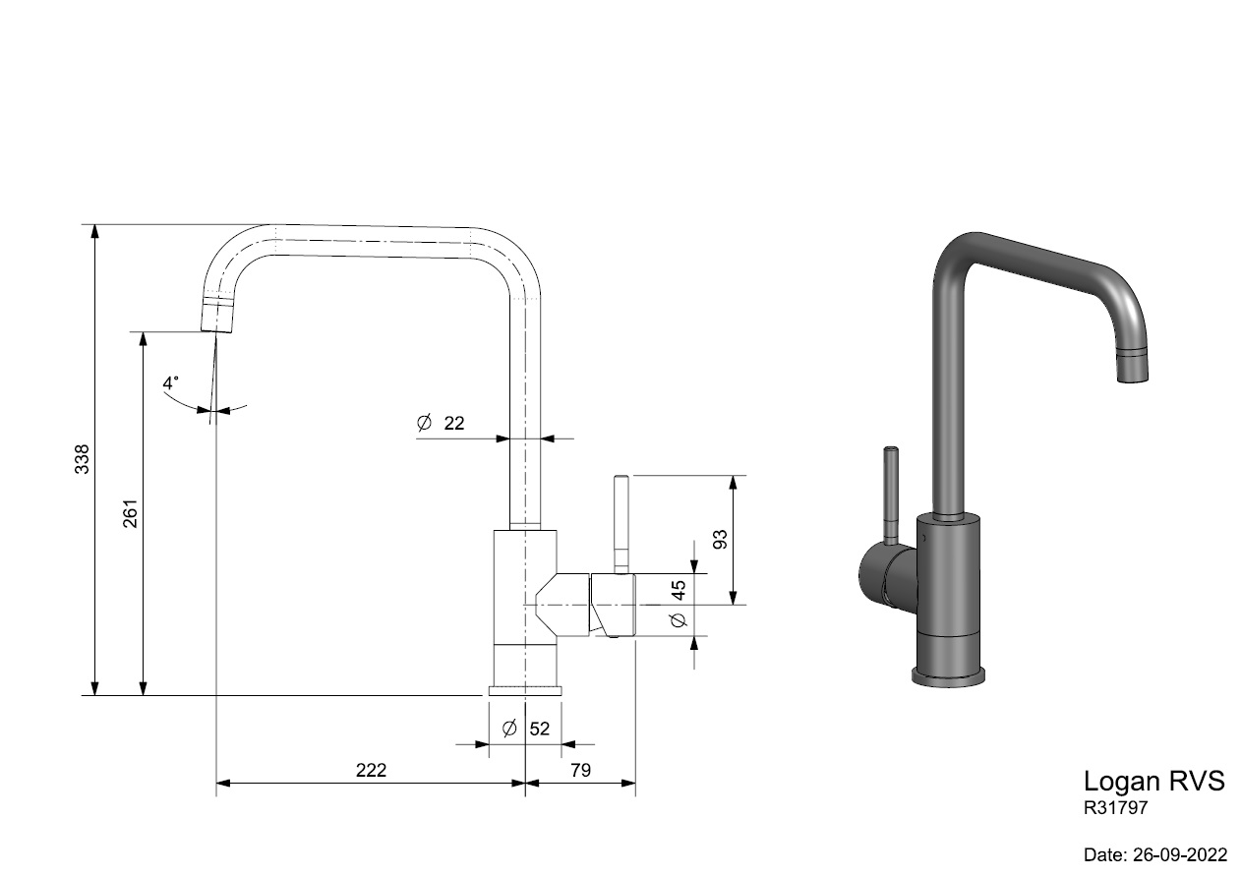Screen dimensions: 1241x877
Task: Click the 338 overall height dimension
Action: tap(82, 459)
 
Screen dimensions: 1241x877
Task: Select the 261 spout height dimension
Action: tap(130, 513)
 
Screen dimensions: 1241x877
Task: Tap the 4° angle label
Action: tap(171, 382)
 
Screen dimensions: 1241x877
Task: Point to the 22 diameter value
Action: tap(454, 424)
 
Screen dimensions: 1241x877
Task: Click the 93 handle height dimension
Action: tap(720, 539)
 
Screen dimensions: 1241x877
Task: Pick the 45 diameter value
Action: tap(679, 590)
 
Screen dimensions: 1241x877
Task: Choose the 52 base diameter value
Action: tap(540, 729)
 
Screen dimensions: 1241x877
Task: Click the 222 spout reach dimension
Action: tap(371, 770)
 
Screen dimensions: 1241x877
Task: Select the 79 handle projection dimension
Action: tap(580, 770)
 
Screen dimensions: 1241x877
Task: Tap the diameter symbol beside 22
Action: tap(424, 423)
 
